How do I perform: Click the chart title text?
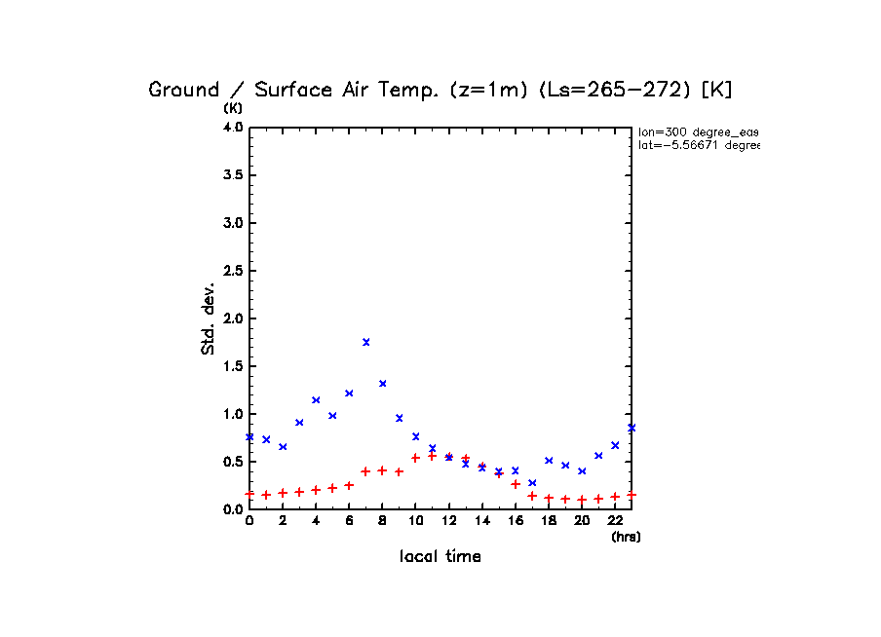click(x=440, y=90)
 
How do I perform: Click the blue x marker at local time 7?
click(x=365, y=342)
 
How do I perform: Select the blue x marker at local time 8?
click(x=382, y=384)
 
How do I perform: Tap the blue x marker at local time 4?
click(x=316, y=400)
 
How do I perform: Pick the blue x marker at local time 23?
click(x=632, y=428)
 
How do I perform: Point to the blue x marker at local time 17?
click(x=532, y=483)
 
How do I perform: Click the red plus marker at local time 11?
click(x=432, y=456)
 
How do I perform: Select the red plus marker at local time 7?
click(x=365, y=471)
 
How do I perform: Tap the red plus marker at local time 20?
click(x=582, y=500)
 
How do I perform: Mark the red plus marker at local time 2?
click(x=283, y=493)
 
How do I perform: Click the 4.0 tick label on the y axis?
click(x=232, y=128)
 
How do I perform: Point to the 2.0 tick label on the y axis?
click(x=232, y=318)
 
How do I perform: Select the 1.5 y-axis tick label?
click(x=232, y=366)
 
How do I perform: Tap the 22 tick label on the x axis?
click(x=615, y=521)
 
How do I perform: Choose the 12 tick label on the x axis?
click(x=448, y=521)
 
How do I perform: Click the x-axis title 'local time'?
click(x=440, y=557)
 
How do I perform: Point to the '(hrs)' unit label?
click(x=626, y=537)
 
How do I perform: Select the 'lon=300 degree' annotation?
click(x=698, y=131)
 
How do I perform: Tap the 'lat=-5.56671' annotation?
click(x=698, y=145)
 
